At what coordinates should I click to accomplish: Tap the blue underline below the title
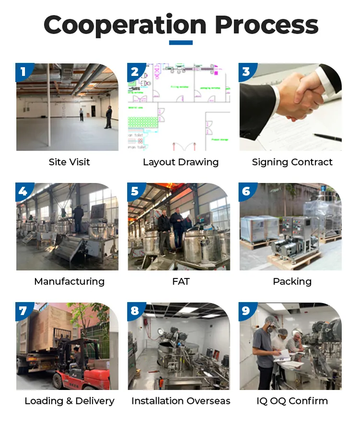pyautogui.click(x=180, y=43)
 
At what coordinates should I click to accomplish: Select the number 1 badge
pyautogui.click(x=23, y=72)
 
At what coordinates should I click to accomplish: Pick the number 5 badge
pyautogui.click(x=135, y=191)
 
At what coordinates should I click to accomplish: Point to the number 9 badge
pyautogui.click(x=246, y=311)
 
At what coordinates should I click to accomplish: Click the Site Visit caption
pyautogui.click(x=69, y=162)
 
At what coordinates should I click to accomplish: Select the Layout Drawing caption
pyautogui.click(x=180, y=162)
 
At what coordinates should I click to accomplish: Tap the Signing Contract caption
pyautogui.click(x=292, y=162)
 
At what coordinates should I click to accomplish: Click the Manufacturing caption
pyautogui.click(x=69, y=281)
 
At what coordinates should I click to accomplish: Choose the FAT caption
pyautogui.click(x=180, y=281)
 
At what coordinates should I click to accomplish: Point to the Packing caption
pyautogui.click(x=292, y=281)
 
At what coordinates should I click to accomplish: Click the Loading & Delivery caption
pyautogui.click(x=69, y=401)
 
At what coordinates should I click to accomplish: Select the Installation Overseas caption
pyautogui.click(x=180, y=401)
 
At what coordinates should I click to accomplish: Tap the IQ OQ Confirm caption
pyautogui.click(x=292, y=401)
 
